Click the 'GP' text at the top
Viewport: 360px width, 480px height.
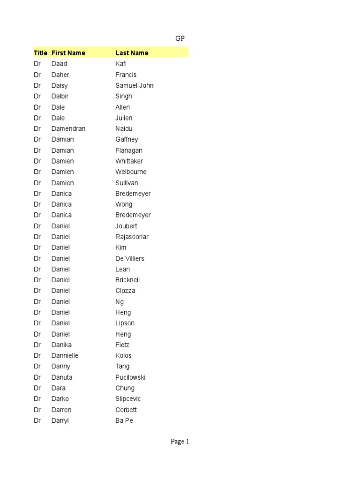[x=180, y=38]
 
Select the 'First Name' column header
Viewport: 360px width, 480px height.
[x=68, y=53]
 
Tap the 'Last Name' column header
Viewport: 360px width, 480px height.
[x=132, y=53]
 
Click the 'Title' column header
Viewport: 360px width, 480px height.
[x=41, y=53]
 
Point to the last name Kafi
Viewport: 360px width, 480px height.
[x=121, y=64]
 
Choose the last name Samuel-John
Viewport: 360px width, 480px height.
[x=135, y=85]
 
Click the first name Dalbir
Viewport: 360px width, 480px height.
[x=60, y=96]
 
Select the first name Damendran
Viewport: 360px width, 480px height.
[x=68, y=128]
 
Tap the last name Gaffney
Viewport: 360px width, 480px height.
[x=127, y=139]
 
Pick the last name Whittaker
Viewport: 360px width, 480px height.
[x=129, y=161]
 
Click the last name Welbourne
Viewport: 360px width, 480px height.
[x=131, y=172]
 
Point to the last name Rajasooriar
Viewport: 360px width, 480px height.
[x=132, y=237]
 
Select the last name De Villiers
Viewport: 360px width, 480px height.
[x=130, y=259]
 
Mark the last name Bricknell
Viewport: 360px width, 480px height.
[x=127, y=280]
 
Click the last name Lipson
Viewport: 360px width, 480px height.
[x=125, y=323]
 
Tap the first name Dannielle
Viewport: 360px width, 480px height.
[x=65, y=355]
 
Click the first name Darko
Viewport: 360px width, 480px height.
[x=60, y=399]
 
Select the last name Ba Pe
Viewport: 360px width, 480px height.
[x=124, y=420]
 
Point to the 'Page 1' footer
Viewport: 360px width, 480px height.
[x=180, y=442]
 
